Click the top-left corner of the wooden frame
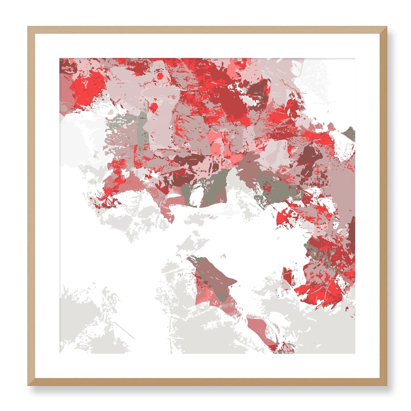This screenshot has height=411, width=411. coord(28,27)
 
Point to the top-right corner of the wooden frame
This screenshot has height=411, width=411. coord(387,27)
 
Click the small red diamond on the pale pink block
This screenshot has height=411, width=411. coord(154,107)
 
